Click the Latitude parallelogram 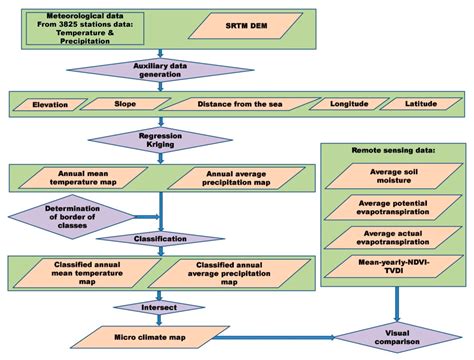pos(419,104)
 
